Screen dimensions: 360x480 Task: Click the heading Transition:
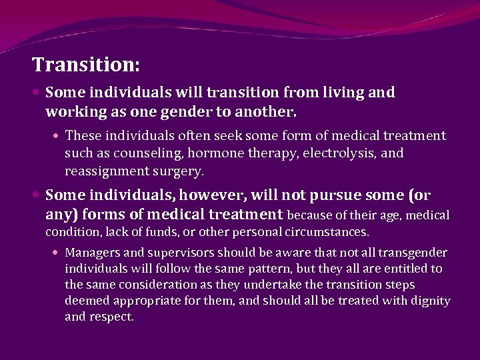[x=86, y=65]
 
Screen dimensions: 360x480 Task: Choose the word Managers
[x=92, y=253]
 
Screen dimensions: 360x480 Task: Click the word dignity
[x=429, y=301]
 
